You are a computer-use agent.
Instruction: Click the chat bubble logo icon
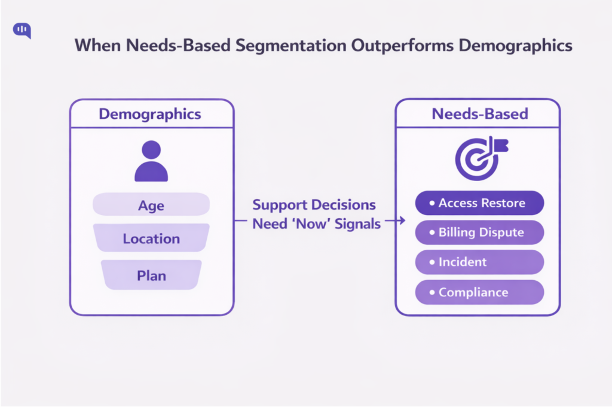[x=22, y=30]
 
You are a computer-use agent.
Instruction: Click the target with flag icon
[x=478, y=158]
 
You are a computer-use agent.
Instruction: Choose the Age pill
[x=151, y=205]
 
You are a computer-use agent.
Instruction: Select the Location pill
[x=151, y=239]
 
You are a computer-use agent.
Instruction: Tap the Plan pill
[x=151, y=275]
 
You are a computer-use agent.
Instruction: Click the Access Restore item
[x=479, y=203]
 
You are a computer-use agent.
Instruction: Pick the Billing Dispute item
[x=479, y=232]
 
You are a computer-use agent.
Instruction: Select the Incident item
[x=479, y=262]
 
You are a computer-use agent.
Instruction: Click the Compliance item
[x=479, y=292]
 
